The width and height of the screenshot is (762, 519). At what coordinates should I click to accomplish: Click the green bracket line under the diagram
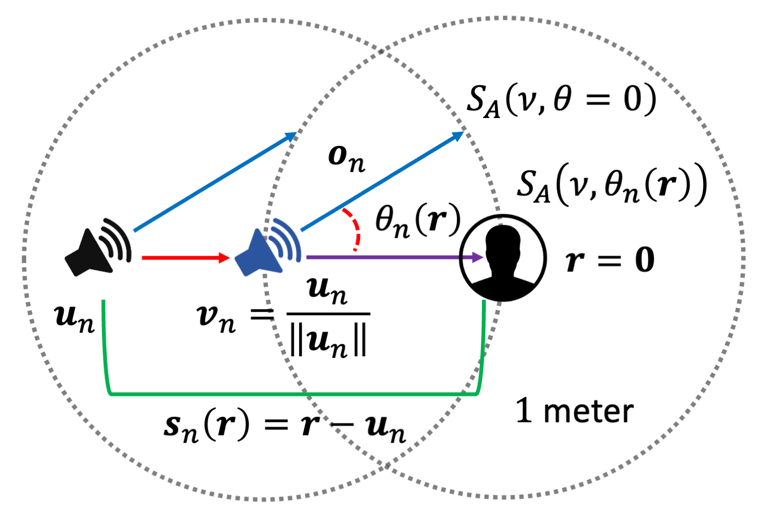[x=295, y=393]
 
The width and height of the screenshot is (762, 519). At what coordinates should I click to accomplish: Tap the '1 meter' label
[x=574, y=411]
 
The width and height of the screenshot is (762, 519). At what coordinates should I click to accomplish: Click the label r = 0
[x=610, y=260]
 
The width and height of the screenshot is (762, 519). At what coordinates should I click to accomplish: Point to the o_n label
[x=346, y=158]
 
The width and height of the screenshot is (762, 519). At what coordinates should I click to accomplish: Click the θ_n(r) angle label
[x=418, y=222]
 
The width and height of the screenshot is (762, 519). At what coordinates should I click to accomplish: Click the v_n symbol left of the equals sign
[x=216, y=318]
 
